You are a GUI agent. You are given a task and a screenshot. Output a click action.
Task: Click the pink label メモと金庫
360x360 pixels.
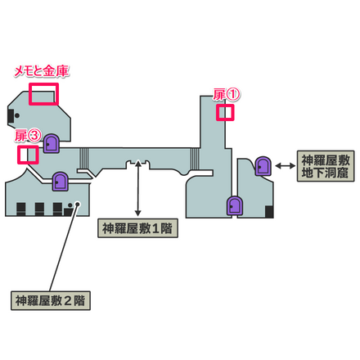click(42, 72)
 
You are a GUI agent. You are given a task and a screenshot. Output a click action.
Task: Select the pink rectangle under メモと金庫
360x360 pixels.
click(43, 94)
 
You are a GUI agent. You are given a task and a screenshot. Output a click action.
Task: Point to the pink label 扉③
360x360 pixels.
click(27, 136)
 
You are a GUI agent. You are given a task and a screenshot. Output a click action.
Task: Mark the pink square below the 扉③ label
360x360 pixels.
click(29, 154)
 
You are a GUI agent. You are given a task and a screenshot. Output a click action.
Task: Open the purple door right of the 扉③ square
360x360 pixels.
click(52, 144)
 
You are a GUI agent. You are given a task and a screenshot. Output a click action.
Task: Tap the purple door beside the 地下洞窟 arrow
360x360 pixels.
click(263, 167)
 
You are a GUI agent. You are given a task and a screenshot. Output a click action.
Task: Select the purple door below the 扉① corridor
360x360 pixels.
click(235, 205)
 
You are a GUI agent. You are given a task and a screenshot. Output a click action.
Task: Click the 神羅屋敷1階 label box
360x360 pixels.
click(137, 227)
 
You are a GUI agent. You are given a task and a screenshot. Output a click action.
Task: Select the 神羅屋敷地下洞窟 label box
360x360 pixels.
click(325, 166)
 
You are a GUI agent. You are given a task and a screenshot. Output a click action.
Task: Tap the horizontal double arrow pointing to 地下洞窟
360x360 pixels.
click(285, 166)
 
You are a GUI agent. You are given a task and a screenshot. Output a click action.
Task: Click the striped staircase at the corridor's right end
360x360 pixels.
click(193, 156)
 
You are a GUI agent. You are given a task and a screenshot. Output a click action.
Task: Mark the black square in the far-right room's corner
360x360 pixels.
click(268, 214)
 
